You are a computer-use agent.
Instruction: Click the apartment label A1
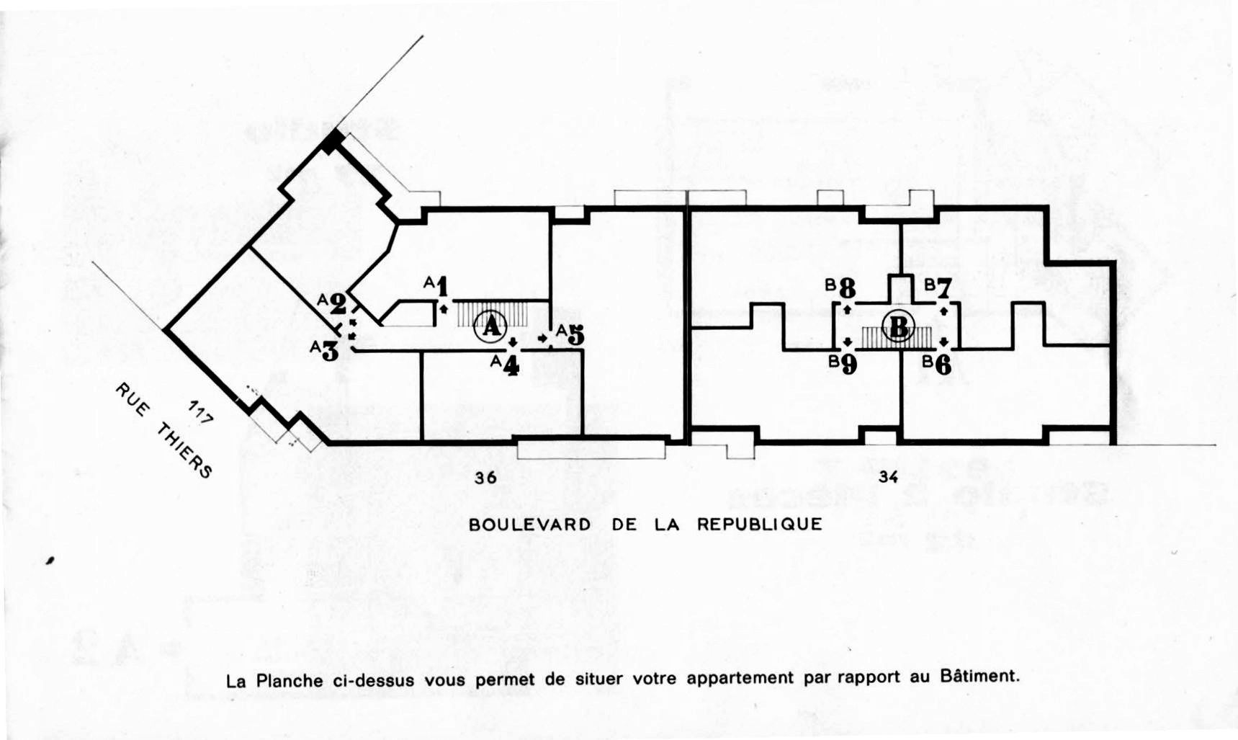point(437,286)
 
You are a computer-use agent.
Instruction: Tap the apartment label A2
point(333,303)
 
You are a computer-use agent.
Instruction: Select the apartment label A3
point(325,350)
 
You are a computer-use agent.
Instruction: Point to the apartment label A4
point(506,365)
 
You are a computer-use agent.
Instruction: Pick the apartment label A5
point(570,334)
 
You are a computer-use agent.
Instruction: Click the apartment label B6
point(937,365)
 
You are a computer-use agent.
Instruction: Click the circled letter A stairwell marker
point(490,327)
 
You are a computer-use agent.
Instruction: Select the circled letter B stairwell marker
point(899,327)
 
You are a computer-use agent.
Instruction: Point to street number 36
point(485,477)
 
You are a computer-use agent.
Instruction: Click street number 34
point(888,476)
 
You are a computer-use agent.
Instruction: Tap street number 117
point(200,411)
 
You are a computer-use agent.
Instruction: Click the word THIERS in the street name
point(184,450)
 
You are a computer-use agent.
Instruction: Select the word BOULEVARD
point(529,525)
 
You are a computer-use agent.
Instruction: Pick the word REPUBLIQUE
point(759,525)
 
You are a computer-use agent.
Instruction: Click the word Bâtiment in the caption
point(980,677)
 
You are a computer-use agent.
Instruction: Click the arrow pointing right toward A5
point(543,338)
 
